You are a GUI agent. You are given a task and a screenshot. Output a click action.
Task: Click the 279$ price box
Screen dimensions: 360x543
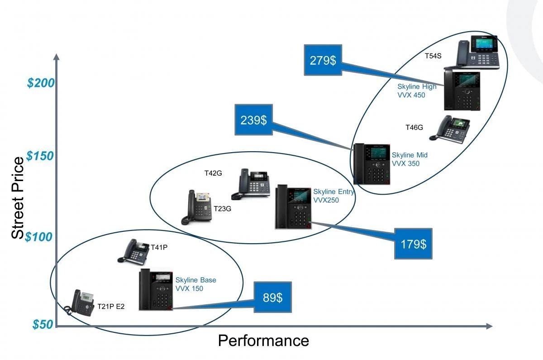coord(323,60)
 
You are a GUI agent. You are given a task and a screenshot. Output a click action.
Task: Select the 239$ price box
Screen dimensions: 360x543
coord(253,120)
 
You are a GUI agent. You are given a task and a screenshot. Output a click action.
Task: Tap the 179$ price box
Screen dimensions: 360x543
coord(413,244)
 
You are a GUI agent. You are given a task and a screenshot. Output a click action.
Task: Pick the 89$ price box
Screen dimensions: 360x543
coord(272,297)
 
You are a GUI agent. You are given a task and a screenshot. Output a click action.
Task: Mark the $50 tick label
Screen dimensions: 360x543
coord(43,325)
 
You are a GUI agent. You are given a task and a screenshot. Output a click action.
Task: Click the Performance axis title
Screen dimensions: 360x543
coord(263,341)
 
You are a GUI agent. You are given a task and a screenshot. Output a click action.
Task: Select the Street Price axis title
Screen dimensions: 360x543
coord(18,198)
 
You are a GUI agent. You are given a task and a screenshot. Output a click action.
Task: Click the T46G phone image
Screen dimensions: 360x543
coord(449,130)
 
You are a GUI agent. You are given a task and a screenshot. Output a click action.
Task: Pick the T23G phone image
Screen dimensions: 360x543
coord(196,207)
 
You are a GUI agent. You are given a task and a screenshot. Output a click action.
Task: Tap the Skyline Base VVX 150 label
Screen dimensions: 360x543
coord(195,284)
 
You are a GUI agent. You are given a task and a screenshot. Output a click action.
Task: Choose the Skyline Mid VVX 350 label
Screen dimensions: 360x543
coord(409,159)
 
